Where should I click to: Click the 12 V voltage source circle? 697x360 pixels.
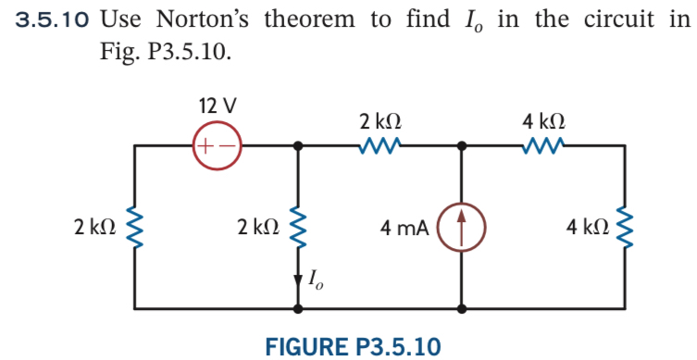pos(216,145)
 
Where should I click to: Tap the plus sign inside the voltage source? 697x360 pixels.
pos(206,145)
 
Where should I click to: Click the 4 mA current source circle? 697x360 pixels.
pos(461,226)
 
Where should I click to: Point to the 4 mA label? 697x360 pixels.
pos(405,227)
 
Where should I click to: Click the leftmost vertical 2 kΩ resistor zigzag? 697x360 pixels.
pos(136,226)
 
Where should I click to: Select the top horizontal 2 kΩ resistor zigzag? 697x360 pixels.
pos(380,144)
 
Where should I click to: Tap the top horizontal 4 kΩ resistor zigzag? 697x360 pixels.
pos(542,144)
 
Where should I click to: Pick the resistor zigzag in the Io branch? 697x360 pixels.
pos(298,226)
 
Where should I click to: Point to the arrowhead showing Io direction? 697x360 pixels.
pos(298,278)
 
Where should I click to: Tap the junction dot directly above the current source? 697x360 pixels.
pos(461,145)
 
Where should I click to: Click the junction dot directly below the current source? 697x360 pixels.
pos(461,306)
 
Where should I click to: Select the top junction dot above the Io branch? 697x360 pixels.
pos(298,145)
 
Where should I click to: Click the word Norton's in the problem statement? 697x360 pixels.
pos(205,19)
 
